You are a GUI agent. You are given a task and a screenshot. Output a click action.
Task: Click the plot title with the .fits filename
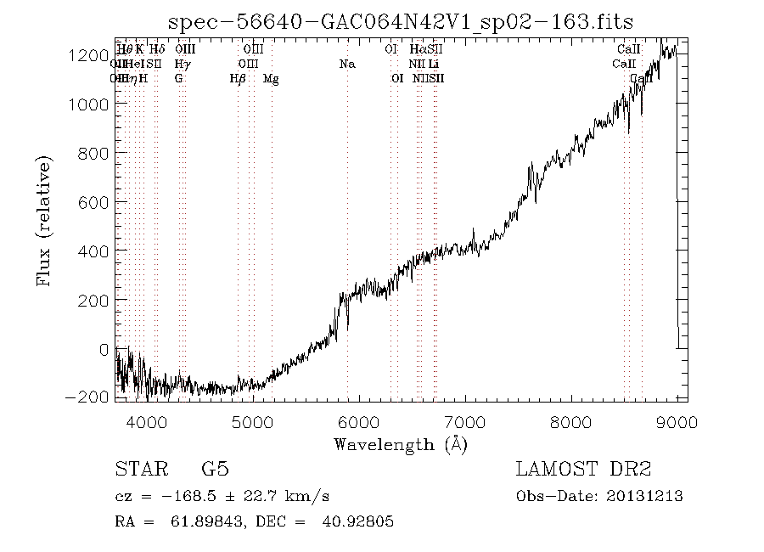[x=400, y=22]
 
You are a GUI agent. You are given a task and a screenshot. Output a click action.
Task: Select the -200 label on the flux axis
[x=90, y=397]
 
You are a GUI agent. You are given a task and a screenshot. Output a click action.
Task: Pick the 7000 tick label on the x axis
[x=465, y=421]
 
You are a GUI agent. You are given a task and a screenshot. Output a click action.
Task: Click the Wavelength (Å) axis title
[x=401, y=444]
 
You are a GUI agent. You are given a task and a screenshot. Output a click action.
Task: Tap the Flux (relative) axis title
[x=44, y=220]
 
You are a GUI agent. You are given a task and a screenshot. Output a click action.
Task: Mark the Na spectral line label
[x=346, y=64]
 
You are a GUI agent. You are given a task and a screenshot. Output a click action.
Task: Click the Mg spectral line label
[x=271, y=79]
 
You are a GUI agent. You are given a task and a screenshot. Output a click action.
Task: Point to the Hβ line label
[x=238, y=79]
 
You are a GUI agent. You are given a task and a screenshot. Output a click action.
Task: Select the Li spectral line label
[x=434, y=64]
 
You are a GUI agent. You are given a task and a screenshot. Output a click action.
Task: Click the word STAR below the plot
[x=137, y=470]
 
